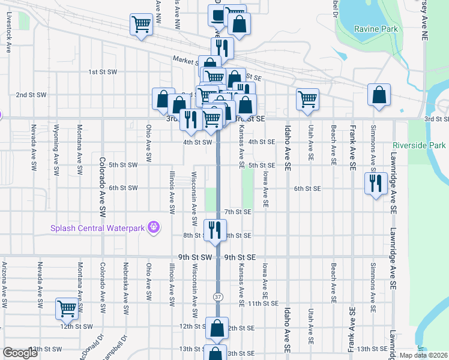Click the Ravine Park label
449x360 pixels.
tap(376, 29)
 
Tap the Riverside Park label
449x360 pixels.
tap(420, 145)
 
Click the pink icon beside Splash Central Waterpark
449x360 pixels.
tap(154, 227)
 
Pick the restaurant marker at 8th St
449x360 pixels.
tap(214, 229)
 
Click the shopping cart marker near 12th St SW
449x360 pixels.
tap(67, 309)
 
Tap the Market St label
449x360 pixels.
tap(185, 61)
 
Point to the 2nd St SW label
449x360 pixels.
tap(31, 95)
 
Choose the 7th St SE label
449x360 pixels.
tap(237, 212)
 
